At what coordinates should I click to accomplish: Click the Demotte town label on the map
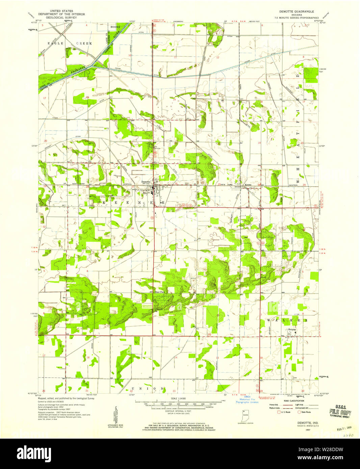pos(146,182)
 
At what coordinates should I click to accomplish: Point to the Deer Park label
pos(159,292)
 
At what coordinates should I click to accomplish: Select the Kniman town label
pos(292,329)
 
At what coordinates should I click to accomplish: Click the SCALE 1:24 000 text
pos(179,398)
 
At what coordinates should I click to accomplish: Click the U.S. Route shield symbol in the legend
pos(279,412)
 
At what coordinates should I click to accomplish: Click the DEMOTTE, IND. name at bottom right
pos(306,422)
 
